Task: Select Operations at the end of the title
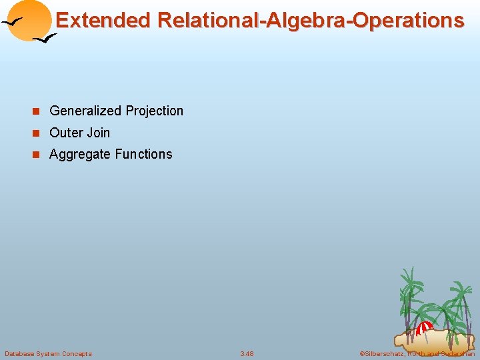[x=409, y=20]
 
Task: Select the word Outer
[x=65, y=133]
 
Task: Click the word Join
[x=97, y=133]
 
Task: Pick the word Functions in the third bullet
[x=143, y=155]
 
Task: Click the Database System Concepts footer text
[x=48, y=353]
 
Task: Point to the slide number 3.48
[x=247, y=353]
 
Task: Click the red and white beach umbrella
[x=425, y=327]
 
